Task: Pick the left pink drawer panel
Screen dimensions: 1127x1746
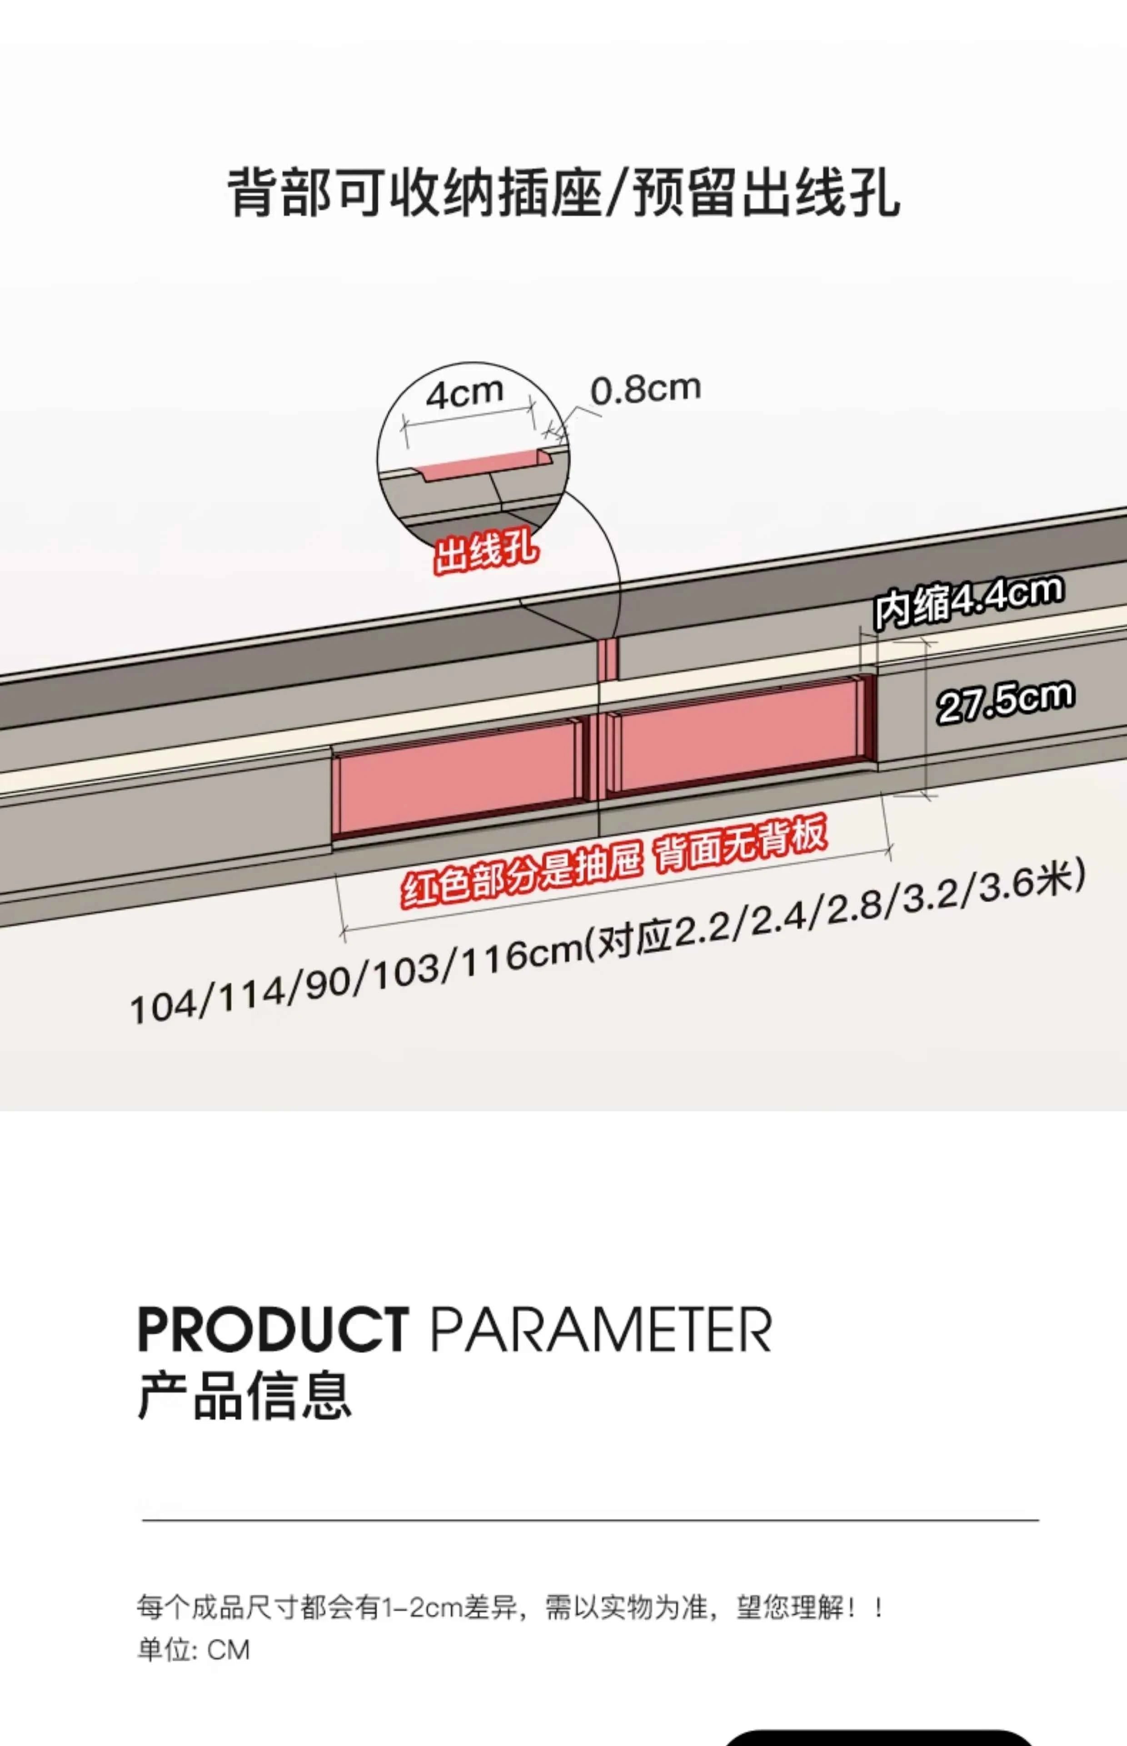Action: (x=459, y=778)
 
